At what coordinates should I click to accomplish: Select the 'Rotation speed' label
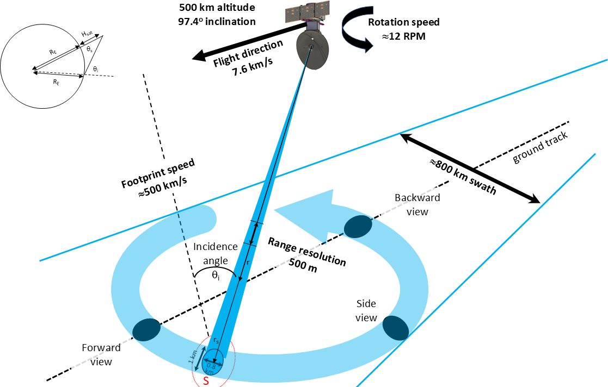(x=403, y=22)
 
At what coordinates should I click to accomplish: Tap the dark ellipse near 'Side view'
(x=396, y=327)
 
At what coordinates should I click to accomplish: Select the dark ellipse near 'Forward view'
(x=146, y=329)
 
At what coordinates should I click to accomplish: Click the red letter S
(x=206, y=381)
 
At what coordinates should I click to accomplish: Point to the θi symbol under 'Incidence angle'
(x=216, y=276)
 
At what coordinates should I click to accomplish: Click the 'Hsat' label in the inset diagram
(x=88, y=34)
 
